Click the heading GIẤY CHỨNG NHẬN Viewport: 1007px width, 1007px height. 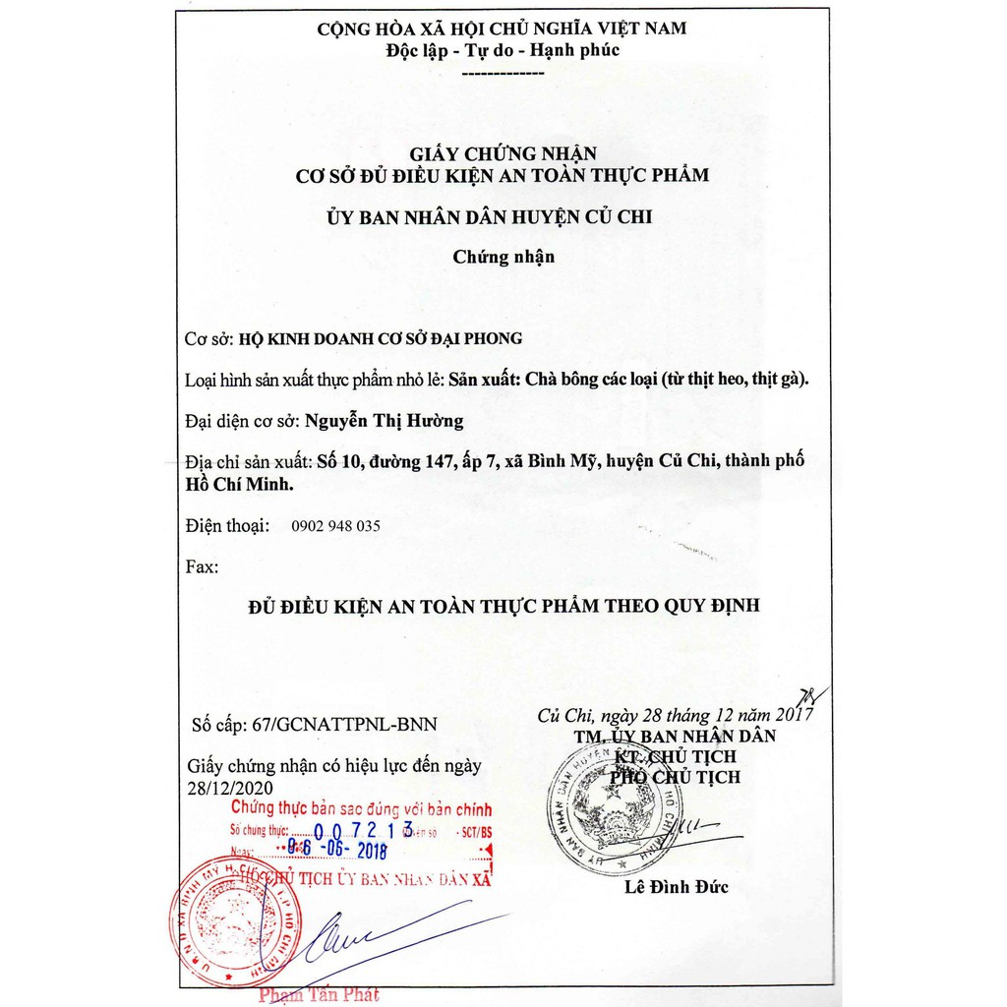point(503,152)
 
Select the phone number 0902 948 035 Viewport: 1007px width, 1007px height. point(335,526)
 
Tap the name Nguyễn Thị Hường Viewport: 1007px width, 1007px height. point(384,421)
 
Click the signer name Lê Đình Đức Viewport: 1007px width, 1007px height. point(677,887)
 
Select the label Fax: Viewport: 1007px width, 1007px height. point(203,566)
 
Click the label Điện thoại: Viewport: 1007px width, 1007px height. point(227,526)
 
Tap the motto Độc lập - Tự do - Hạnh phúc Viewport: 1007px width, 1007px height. point(503,50)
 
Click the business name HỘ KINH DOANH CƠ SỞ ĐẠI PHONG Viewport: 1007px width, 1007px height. point(381,338)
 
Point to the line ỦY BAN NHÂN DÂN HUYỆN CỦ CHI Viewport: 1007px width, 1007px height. point(503,216)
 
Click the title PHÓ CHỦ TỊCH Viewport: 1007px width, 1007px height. point(677,777)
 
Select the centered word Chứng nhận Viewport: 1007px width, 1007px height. point(503,257)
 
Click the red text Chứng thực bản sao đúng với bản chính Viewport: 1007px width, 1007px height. point(360,808)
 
